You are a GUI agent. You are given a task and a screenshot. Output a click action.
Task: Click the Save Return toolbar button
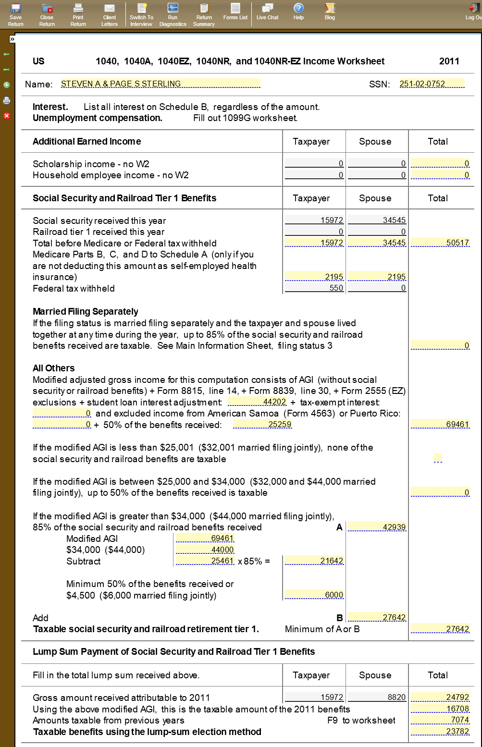(16, 14)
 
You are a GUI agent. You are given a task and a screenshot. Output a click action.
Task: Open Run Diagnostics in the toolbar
(173, 14)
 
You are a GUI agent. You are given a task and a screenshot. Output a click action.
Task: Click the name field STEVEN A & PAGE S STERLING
(161, 84)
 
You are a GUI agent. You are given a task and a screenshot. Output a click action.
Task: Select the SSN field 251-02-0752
(432, 84)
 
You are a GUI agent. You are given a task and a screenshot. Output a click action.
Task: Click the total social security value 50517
(440, 243)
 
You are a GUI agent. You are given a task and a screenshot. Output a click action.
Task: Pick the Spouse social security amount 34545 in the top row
(377, 220)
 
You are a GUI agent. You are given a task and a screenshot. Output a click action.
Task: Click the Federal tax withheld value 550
(315, 288)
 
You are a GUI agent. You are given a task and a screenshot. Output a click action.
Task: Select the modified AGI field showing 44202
(258, 402)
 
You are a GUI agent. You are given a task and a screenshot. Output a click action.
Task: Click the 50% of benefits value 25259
(262, 424)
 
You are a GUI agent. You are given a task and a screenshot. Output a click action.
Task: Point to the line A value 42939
(377, 527)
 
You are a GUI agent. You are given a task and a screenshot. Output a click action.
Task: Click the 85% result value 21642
(315, 561)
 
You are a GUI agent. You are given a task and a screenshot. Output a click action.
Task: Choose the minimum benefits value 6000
(315, 595)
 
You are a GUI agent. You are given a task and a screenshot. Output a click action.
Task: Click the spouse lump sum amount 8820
(377, 697)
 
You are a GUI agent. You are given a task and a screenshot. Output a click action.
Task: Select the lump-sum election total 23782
(440, 731)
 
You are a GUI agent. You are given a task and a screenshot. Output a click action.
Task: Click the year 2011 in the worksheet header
(449, 61)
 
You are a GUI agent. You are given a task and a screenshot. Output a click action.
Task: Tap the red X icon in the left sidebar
(7, 116)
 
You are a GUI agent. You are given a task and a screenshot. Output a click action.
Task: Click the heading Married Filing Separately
(86, 311)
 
